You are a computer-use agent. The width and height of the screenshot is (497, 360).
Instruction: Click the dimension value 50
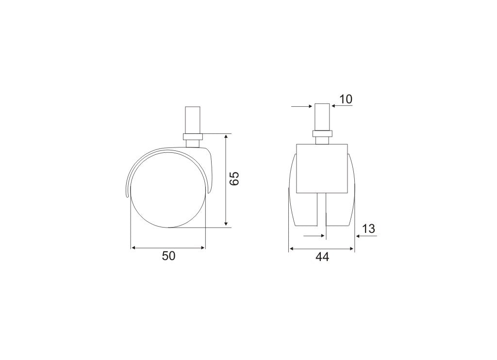click(x=168, y=256)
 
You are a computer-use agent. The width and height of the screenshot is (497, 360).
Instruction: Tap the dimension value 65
click(x=235, y=179)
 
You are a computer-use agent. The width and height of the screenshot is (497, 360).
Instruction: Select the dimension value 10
click(x=346, y=99)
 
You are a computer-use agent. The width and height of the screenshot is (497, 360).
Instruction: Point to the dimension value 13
click(x=369, y=229)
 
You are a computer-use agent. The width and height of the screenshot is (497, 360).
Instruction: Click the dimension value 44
click(x=322, y=257)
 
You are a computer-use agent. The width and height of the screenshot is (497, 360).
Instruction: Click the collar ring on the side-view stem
click(x=192, y=137)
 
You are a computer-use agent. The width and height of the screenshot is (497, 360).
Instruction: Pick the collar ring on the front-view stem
click(x=322, y=133)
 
